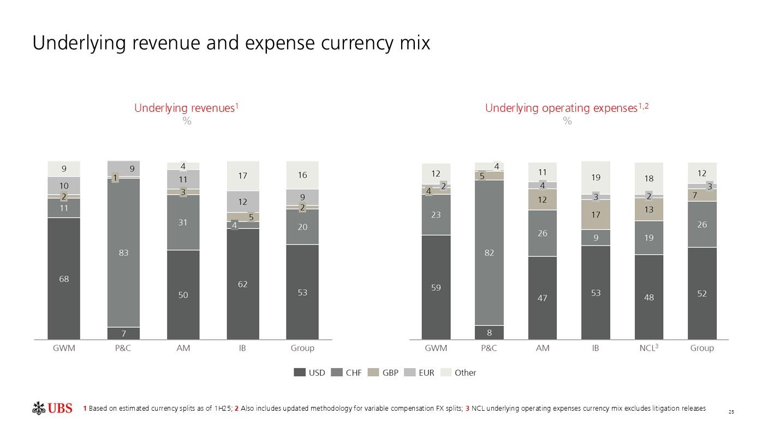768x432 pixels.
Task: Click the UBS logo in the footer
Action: [x=52, y=408]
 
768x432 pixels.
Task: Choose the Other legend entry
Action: [x=459, y=373]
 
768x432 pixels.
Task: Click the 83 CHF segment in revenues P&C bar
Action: [x=123, y=253]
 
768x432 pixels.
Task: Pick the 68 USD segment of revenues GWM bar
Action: [x=64, y=279]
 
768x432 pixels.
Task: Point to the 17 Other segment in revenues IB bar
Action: [x=243, y=176]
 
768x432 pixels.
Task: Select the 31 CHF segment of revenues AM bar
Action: [x=183, y=223]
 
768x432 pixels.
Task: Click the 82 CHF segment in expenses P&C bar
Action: [x=489, y=253]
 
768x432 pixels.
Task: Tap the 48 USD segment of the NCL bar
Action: [x=649, y=297]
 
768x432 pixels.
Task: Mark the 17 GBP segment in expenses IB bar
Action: [x=596, y=215]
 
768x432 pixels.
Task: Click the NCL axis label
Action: [x=648, y=348]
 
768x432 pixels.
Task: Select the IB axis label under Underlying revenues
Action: [x=242, y=348]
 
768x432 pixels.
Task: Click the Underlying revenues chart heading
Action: [x=186, y=108]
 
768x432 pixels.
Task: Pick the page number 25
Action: [x=731, y=412]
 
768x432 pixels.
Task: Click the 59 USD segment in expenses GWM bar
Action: [x=436, y=287]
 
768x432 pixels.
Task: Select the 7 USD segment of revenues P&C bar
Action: [x=123, y=333]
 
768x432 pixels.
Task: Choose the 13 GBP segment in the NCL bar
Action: [x=649, y=209]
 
